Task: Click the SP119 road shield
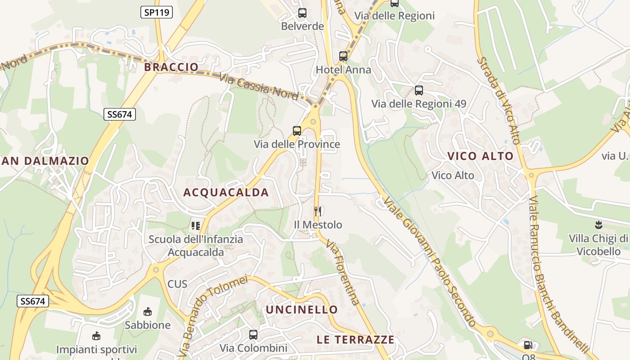click(x=156, y=12)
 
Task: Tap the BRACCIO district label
click(x=171, y=67)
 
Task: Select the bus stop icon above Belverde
click(x=302, y=13)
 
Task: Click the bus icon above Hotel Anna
click(x=343, y=56)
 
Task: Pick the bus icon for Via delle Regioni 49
click(x=419, y=90)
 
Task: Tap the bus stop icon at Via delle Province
click(x=297, y=131)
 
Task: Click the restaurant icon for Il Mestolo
click(x=318, y=211)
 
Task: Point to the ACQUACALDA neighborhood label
click(x=226, y=193)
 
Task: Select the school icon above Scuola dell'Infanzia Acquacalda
click(x=195, y=225)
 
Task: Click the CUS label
click(x=177, y=284)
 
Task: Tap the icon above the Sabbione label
click(x=147, y=311)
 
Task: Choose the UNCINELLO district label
click(x=301, y=310)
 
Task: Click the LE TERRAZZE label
click(x=355, y=340)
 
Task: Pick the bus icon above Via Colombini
click(x=253, y=334)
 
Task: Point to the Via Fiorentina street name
click(x=343, y=273)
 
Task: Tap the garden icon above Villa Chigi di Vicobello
click(x=598, y=224)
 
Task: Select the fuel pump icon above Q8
click(x=527, y=345)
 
